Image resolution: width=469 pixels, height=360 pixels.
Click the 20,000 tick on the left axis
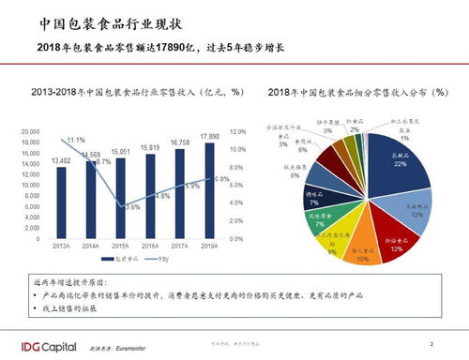pyautogui.click(x=30, y=132)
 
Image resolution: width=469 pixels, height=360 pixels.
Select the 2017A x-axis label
pyautogui.click(x=180, y=246)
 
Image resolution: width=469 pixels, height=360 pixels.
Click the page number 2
pyautogui.click(x=431, y=343)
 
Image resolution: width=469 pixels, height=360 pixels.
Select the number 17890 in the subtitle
pyautogui.click(x=182, y=48)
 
